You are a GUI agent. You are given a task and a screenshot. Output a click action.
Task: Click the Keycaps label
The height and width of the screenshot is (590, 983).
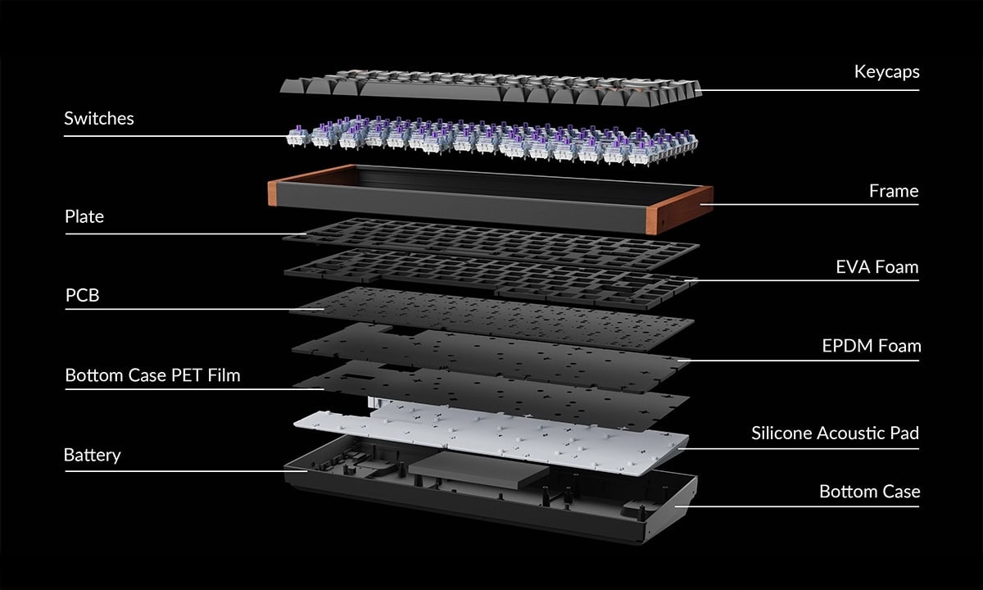tap(886, 72)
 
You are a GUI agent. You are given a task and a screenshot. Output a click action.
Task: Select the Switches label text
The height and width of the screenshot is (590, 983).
tap(99, 119)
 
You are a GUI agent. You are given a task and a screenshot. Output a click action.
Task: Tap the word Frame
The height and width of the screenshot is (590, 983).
tap(894, 192)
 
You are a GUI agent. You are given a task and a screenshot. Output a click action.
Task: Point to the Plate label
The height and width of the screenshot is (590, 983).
tap(84, 217)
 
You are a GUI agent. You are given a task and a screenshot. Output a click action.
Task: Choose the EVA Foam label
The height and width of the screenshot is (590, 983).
tap(877, 267)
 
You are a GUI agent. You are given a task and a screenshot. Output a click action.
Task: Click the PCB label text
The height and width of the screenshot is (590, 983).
tap(82, 296)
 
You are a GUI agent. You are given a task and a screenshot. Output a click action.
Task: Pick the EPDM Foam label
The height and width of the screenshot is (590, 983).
tap(871, 347)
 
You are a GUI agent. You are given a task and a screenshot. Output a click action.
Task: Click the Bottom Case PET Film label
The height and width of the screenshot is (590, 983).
tap(153, 376)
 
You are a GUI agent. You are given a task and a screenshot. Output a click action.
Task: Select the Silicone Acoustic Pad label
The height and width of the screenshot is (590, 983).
tap(835, 433)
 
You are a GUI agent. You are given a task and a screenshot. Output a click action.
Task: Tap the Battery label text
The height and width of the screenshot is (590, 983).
tap(92, 455)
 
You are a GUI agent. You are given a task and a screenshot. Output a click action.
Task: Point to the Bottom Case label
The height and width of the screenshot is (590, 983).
tap(869, 492)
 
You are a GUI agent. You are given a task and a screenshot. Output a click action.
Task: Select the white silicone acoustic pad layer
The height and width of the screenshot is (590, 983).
tap(491, 434)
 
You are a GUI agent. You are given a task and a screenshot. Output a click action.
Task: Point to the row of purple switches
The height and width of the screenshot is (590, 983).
tap(491, 141)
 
